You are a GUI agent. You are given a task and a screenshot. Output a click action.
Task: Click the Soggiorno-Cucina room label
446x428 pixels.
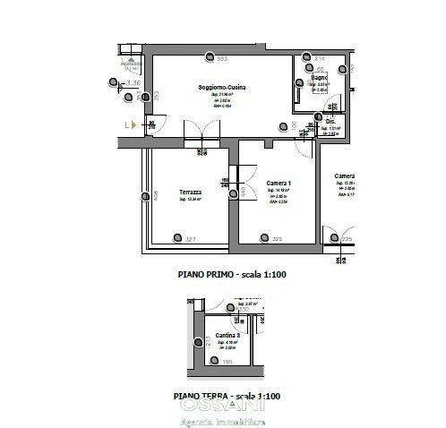click(222, 87)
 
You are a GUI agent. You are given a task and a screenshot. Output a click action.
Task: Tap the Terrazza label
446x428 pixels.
click(190, 192)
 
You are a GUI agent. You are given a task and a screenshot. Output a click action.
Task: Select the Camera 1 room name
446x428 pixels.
click(279, 183)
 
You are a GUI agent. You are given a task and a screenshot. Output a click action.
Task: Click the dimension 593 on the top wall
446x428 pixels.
click(222, 59)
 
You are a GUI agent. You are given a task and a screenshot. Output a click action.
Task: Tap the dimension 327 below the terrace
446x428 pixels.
click(190, 239)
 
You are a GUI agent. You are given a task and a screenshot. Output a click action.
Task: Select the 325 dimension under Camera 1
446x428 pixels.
click(277, 239)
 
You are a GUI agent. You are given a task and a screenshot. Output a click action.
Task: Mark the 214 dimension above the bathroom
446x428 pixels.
click(320, 59)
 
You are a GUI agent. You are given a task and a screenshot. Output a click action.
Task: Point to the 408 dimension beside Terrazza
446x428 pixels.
click(155, 194)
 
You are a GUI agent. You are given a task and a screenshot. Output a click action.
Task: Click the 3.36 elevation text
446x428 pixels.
click(134, 82)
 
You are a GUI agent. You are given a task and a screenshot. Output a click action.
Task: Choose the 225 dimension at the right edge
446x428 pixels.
click(347, 239)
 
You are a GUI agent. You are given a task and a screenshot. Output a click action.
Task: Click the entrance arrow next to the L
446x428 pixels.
click(133, 125)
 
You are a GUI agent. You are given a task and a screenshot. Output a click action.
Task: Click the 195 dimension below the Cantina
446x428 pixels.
click(227, 362)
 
